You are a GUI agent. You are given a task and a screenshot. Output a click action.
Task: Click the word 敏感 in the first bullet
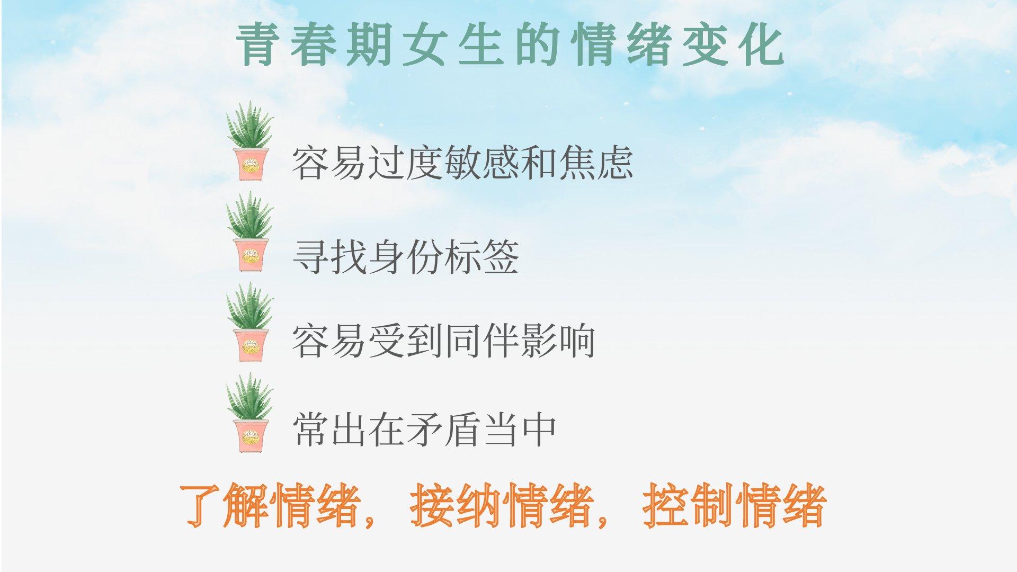[481, 162]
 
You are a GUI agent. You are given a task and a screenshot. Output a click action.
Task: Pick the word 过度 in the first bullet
[405, 162]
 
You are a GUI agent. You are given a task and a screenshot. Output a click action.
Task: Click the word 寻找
[329, 257]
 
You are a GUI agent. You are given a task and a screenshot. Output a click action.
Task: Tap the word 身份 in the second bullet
[405, 257]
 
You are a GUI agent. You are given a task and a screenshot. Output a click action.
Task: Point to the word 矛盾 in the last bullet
[443, 430]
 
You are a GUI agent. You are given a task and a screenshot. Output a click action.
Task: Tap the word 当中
[519, 430]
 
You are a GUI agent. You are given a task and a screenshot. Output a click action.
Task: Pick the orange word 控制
[688, 505]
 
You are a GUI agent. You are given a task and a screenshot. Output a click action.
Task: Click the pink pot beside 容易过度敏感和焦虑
[251, 164]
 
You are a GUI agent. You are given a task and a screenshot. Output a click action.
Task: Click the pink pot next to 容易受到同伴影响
[251, 345]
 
